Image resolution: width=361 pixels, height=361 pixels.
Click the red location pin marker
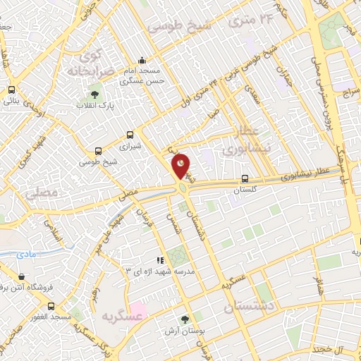click(181, 166)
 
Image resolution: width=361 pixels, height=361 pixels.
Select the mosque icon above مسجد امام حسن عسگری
click(142, 61)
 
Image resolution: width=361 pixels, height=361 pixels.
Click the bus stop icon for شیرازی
click(129, 134)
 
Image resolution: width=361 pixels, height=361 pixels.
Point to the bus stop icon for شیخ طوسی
click(98, 150)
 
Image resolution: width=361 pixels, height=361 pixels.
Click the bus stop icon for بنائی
click(11, 90)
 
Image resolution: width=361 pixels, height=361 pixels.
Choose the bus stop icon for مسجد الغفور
click(51, 306)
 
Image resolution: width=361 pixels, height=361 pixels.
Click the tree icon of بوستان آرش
click(186, 319)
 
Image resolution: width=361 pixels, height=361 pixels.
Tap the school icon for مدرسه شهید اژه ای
click(160, 259)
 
